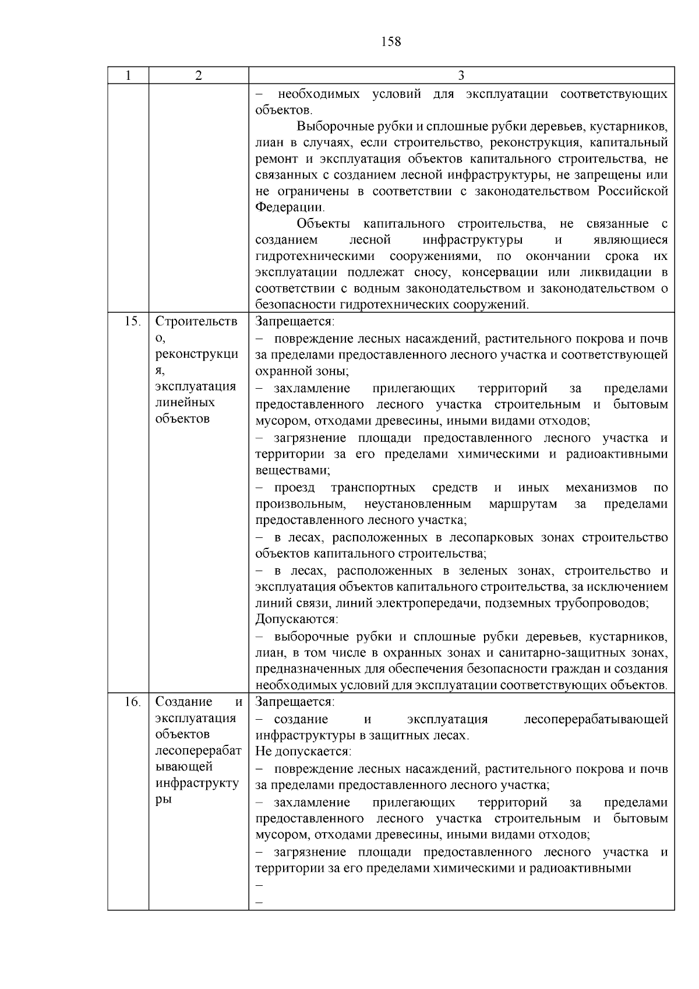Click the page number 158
click(x=391, y=42)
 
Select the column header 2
click(x=199, y=76)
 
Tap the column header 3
click(x=461, y=76)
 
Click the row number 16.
click(x=132, y=702)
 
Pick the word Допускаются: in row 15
click(x=296, y=619)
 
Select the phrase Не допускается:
click(x=303, y=752)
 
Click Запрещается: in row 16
click(x=295, y=702)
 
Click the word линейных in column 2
click(x=185, y=403)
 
